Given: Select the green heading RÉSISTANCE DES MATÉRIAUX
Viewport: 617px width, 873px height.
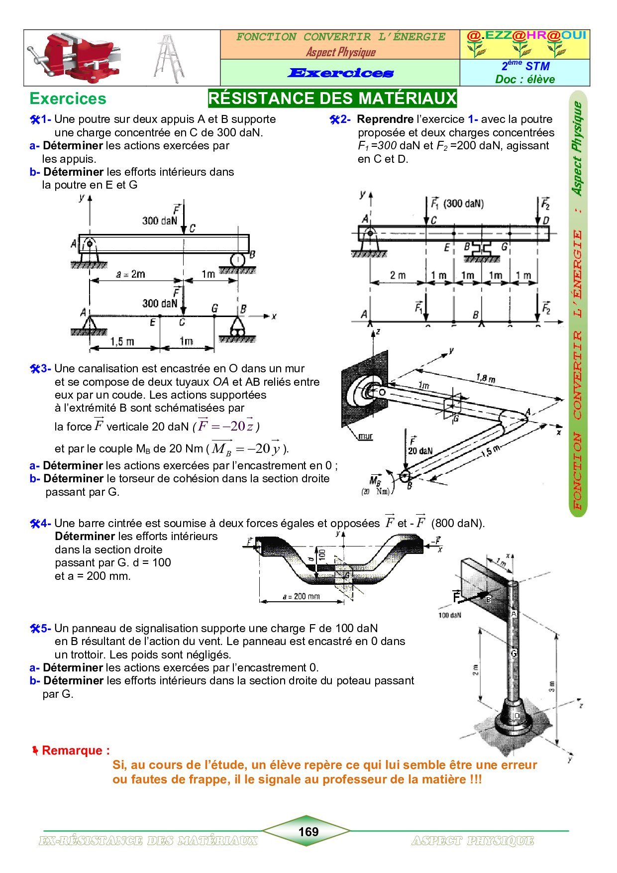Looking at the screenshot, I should click(x=332, y=98).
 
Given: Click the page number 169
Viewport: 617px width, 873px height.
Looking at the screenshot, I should click(x=308, y=831).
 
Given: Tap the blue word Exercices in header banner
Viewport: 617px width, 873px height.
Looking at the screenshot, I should click(x=341, y=73).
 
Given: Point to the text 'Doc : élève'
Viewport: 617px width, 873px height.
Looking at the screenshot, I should click(x=524, y=79).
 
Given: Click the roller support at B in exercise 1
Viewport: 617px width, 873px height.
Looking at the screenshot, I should click(x=237, y=260).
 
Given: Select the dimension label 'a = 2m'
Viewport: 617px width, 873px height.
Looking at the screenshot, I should click(x=130, y=274).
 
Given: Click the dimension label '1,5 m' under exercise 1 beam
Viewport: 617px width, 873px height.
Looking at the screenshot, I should click(x=122, y=341).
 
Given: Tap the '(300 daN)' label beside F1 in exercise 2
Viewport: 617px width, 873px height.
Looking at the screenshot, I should click(x=463, y=204).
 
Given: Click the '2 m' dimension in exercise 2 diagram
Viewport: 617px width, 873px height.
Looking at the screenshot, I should click(x=398, y=275).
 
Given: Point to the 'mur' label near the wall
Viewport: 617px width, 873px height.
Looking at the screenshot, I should click(x=366, y=436).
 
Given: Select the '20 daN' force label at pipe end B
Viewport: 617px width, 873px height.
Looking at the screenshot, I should click(x=420, y=451).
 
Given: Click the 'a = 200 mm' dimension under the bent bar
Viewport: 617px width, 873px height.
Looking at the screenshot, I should click(x=301, y=596).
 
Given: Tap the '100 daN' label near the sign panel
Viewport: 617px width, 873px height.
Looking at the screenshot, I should click(x=449, y=615).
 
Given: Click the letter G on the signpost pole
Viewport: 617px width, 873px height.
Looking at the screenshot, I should click(x=514, y=653).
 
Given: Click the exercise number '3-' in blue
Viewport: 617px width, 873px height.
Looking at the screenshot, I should click(x=46, y=369).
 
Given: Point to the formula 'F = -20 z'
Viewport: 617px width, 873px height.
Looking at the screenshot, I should click(x=226, y=426).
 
